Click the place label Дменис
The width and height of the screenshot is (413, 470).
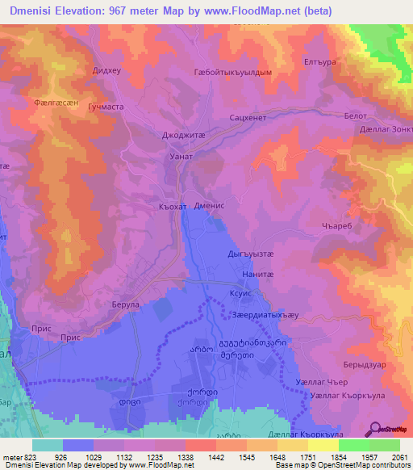tap(213, 206)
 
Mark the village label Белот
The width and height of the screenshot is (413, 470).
tap(355, 118)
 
